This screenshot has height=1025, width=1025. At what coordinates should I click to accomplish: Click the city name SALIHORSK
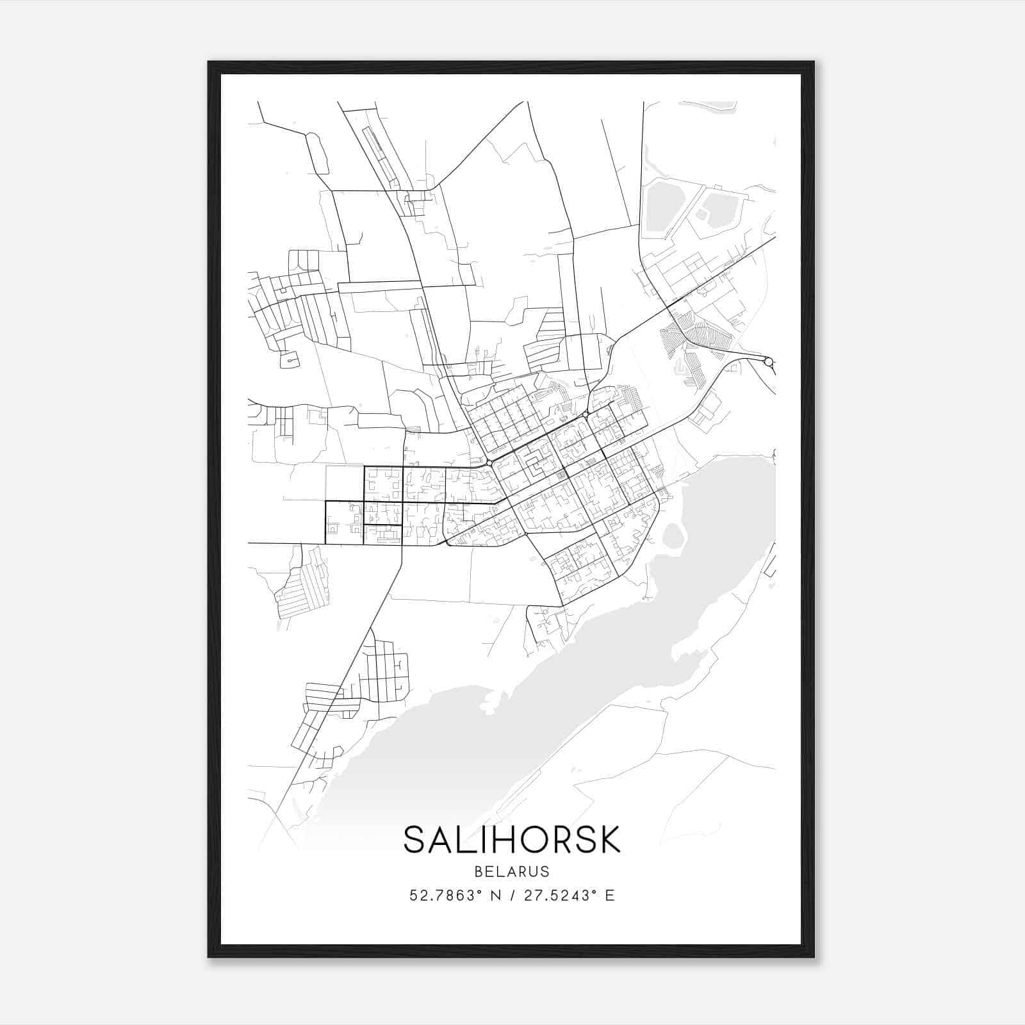pyautogui.click(x=512, y=839)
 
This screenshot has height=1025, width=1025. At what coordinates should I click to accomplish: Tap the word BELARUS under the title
pyautogui.click(x=512, y=871)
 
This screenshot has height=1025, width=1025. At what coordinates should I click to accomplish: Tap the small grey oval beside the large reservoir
pyautogui.click(x=673, y=536)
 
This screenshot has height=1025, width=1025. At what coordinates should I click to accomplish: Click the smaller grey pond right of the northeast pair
pyautogui.click(x=717, y=209)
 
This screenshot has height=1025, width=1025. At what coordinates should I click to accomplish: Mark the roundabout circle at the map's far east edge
pyautogui.click(x=769, y=362)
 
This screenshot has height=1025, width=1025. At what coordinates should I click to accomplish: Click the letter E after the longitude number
pyautogui.click(x=610, y=896)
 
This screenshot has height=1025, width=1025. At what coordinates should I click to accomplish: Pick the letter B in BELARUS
pyautogui.click(x=479, y=871)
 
